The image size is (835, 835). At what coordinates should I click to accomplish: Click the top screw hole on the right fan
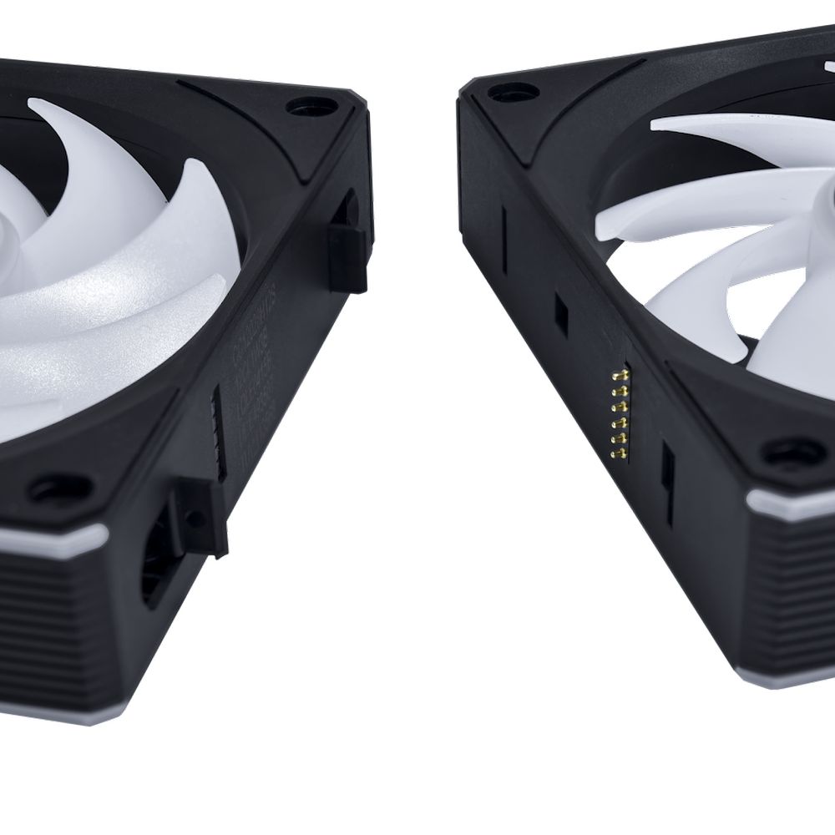click(x=499, y=90)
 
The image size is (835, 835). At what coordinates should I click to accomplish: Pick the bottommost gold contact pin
click(x=619, y=454)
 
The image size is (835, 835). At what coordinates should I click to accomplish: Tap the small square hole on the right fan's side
click(x=561, y=311)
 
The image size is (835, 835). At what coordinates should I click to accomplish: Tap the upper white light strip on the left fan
click(x=50, y=538)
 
